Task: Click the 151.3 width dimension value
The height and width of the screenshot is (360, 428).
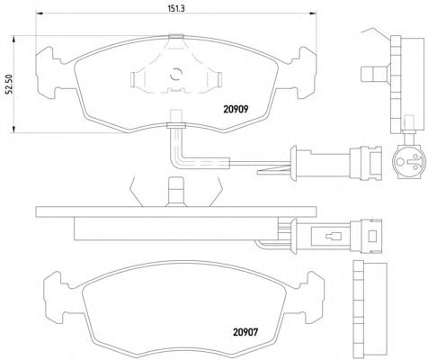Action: (x=175, y=8)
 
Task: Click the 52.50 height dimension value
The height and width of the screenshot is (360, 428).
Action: (x=9, y=85)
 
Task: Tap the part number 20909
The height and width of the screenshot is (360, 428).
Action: (x=236, y=109)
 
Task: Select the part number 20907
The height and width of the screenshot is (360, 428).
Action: (x=245, y=332)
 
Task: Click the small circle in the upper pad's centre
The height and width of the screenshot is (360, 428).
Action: (x=176, y=74)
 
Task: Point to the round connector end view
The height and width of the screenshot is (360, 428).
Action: (x=408, y=162)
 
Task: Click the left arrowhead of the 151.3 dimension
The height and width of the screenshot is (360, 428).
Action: (x=40, y=13)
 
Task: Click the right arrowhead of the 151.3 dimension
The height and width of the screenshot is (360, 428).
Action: (x=313, y=13)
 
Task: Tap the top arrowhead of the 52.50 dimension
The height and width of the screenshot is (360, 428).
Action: (x=13, y=40)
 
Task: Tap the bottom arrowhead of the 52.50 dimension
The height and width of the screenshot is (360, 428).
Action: (x=13, y=129)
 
